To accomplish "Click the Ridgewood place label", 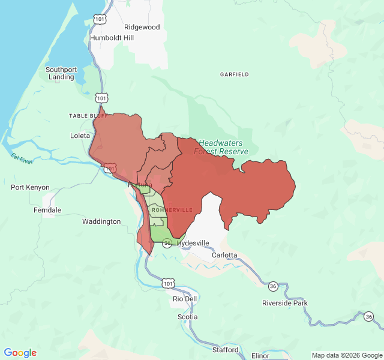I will point(142,27).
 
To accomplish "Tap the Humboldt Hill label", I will point(112,38).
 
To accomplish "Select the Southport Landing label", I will point(61,73).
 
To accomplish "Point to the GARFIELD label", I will point(234,74).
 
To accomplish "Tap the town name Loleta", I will point(80,136).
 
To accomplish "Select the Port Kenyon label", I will point(30,187).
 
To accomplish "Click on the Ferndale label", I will point(47,210).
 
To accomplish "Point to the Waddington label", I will point(101,221).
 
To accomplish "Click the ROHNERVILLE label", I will point(172,210).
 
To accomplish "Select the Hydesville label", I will point(193,243).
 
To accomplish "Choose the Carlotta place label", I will point(225,255).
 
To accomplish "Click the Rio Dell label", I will point(184,299).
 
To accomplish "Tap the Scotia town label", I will point(187,317).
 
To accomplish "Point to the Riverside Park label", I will point(284,303).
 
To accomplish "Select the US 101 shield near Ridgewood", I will point(100,20).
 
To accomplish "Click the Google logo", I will point(20,353).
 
